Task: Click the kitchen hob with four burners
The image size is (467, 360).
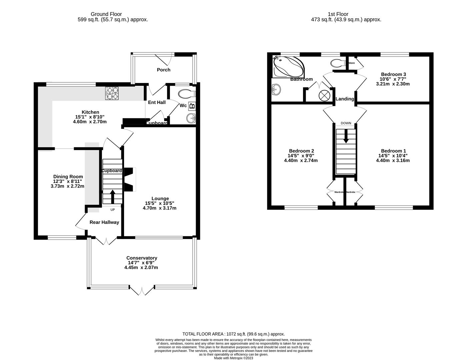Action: point(112,93)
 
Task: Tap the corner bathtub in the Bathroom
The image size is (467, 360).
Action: point(288,67)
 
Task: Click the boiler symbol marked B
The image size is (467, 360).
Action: point(192,106)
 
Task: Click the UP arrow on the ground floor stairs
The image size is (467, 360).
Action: point(112,197)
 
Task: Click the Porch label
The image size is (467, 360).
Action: point(163,70)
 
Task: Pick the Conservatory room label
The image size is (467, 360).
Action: point(142,258)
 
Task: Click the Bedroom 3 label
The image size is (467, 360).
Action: point(393,74)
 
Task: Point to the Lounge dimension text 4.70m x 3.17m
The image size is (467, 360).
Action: point(160,208)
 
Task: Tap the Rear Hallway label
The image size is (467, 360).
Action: point(104,222)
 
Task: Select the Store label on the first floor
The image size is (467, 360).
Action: point(351,63)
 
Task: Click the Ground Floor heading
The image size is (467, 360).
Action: point(106,14)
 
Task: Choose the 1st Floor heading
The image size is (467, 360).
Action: point(338,14)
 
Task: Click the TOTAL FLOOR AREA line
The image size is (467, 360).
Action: point(233,334)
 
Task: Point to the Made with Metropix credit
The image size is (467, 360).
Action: point(233,358)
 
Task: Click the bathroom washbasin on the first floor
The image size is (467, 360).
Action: point(276,89)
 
